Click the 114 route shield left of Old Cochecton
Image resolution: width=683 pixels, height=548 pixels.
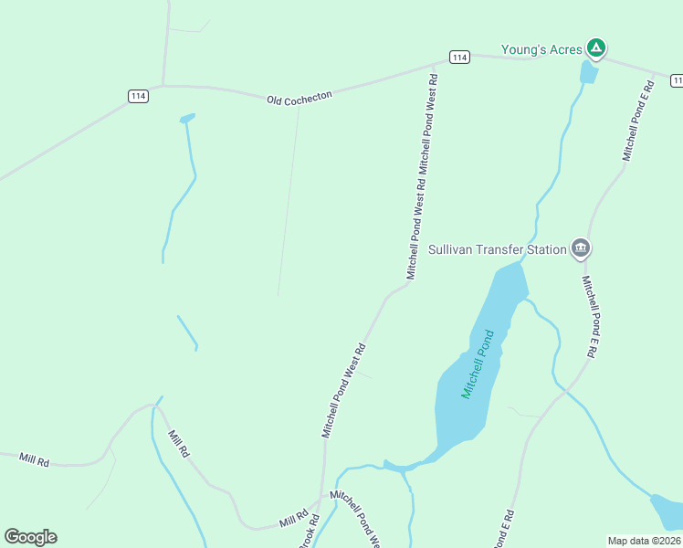(x=138, y=96)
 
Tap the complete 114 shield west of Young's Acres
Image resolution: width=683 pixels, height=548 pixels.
(x=459, y=58)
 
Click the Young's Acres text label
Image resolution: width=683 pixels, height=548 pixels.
(x=541, y=49)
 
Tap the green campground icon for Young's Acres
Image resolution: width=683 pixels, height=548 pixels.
(x=596, y=47)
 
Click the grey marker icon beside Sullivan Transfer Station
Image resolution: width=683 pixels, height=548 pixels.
(x=581, y=248)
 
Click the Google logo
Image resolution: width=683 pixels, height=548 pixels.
(x=30, y=537)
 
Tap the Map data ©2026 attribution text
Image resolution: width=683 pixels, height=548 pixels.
(x=645, y=541)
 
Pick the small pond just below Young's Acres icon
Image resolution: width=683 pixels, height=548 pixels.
(x=589, y=73)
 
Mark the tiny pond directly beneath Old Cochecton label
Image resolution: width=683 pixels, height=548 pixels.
(x=187, y=119)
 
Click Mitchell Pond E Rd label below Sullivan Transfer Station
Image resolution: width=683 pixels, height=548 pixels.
(x=593, y=316)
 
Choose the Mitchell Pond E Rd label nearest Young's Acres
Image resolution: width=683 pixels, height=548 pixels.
(x=640, y=121)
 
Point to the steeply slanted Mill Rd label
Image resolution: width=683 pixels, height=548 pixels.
(x=178, y=444)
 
